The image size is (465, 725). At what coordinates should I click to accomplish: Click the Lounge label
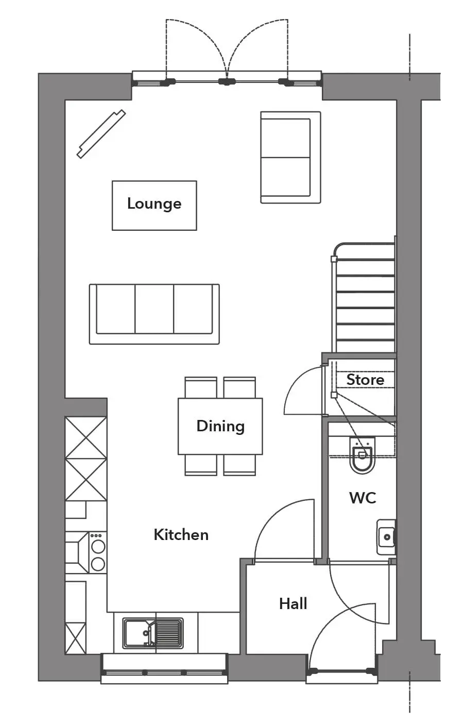click(154, 204)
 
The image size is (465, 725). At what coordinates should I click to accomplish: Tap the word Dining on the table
click(220, 426)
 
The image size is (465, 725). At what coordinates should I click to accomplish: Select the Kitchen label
click(181, 535)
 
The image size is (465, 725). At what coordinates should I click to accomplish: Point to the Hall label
click(293, 604)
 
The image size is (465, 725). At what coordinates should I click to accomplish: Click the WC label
click(363, 498)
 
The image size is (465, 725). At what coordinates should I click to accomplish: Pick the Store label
click(366, 380)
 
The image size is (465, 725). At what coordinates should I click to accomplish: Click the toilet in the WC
click(363, 455)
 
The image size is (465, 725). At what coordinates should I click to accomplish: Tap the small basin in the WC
click(386, 537)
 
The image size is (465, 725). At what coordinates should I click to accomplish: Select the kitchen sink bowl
click(136, 634)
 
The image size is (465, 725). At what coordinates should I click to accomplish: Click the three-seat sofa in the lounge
click(154, 314)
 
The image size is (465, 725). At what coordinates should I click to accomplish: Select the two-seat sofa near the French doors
click(291, 157)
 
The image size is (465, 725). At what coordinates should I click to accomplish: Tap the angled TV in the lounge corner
click(101, 134)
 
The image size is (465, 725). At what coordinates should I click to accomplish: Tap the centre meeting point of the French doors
click(227, 81)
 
